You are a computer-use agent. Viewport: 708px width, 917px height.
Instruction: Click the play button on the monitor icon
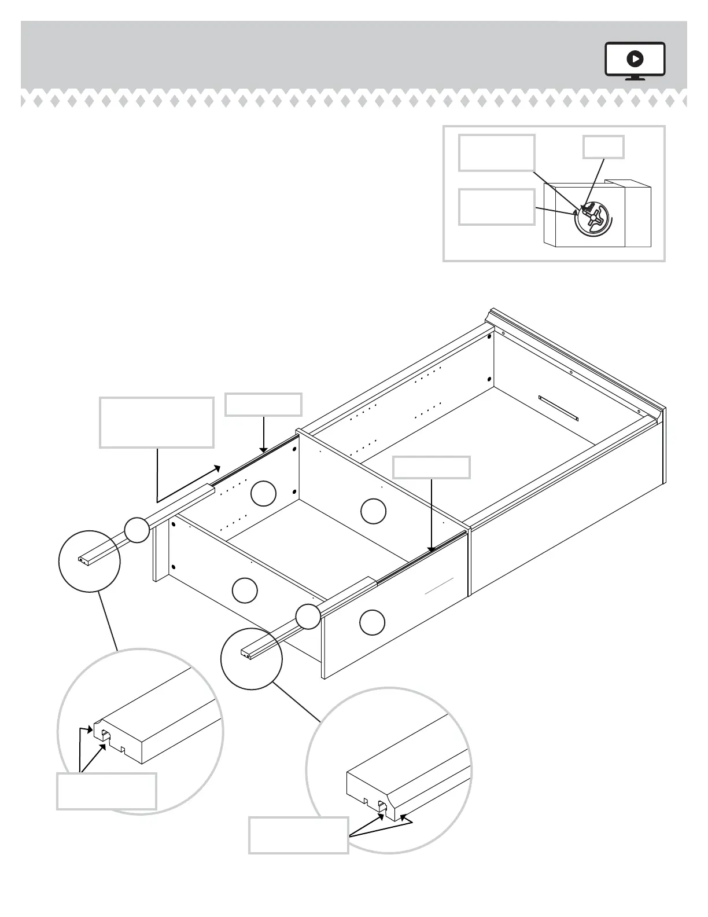[x=635, y=58]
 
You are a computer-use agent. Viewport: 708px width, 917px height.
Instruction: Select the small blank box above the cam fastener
[x=603, y=147]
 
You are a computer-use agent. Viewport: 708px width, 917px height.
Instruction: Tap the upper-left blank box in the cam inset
[x=496, y=153]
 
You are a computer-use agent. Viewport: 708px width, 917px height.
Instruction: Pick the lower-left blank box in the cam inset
[x=496, y=207]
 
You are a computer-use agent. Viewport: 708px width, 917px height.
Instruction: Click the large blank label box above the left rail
[x=157, y=422]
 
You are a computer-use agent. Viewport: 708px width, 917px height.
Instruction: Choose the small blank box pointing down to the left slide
[x=263, y=404]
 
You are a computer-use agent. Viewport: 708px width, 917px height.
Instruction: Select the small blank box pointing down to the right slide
[x=431, y=467]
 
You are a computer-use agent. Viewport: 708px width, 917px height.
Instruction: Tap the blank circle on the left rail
[x=137, y=530]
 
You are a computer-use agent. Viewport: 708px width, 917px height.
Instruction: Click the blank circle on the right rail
[x=308, y=617]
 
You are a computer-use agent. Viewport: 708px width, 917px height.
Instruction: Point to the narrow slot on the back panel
[x=558, y=408]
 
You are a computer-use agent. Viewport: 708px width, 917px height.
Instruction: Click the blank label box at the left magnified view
[x=106, y=791]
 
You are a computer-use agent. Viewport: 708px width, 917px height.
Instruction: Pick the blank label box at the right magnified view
[x=298, y=835]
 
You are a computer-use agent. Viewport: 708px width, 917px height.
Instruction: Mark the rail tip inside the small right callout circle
[x=248, y=653]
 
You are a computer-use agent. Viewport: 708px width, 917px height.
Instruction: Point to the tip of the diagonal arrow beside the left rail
[x=220, y=465]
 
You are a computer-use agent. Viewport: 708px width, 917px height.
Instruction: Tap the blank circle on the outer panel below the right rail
[x=372, y=622]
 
